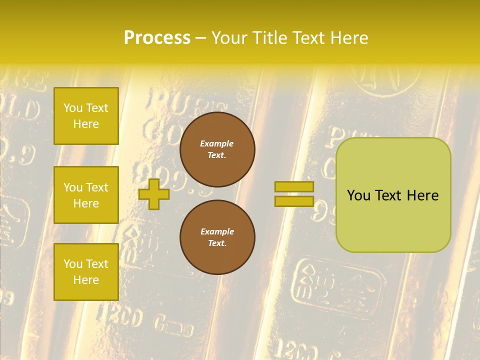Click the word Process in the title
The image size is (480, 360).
click(157, 38)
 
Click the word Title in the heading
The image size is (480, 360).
click(266, 38)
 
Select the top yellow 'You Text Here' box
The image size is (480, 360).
click(86, 116)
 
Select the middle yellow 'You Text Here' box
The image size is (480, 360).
click(86, 195)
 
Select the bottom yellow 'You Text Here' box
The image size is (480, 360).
click(86, 271)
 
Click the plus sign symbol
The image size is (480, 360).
click(154, 194)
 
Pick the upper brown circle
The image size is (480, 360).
click(217, 149)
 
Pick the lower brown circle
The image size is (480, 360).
click(217, 237)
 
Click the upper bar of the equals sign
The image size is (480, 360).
click(294, 186)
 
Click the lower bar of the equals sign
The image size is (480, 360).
click(294, 201)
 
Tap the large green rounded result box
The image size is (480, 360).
click(393, 220)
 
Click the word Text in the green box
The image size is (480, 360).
click(388, 195)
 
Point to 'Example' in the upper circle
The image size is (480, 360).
click(217, 143)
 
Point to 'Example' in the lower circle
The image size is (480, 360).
click(217, 231)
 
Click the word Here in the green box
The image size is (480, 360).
click(422, 195)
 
